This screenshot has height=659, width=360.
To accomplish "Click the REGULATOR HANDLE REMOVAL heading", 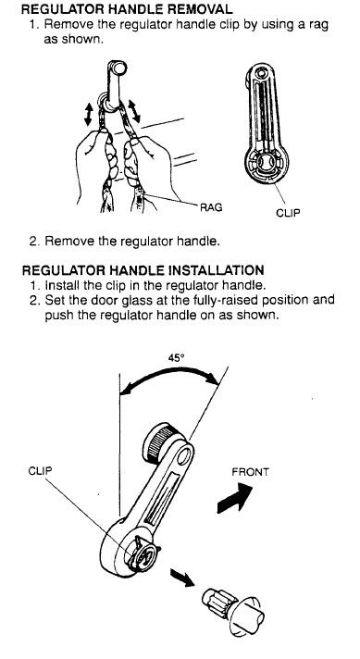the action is tap(127, 9).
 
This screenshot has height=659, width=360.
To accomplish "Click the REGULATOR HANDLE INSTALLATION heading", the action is tap(143, 269).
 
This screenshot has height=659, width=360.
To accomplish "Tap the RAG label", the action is tap(211, 206).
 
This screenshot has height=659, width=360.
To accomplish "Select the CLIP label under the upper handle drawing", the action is tap(288, 213).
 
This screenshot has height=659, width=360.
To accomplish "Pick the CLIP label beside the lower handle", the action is tap(40, 470).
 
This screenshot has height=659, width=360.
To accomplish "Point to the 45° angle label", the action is tap(177, 358).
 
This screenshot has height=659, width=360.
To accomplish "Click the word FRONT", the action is tap(250, 472).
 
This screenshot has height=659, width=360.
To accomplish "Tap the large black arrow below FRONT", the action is tap(235, 498).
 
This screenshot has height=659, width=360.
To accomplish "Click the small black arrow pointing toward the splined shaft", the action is tap(182, 577).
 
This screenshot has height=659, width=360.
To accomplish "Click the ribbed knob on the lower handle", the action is tap(161, 442).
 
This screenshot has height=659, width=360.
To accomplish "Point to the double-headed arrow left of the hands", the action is tap(88, 115).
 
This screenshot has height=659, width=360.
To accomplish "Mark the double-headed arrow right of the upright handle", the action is tap(134, 110).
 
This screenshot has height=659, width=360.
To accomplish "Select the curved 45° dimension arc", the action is tap(169, 372).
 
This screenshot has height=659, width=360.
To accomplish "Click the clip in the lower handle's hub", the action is tap(142, 553).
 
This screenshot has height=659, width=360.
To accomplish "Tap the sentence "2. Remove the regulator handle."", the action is tap(124, 242).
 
